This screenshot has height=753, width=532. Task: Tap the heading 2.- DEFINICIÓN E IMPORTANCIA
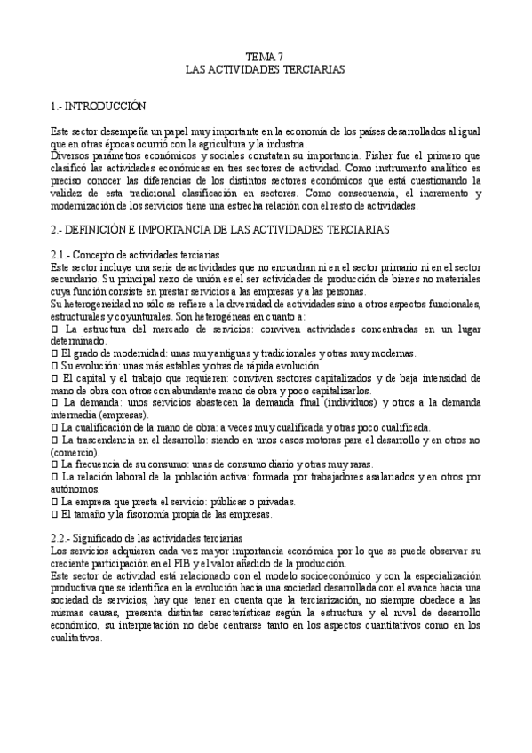click(220, 230)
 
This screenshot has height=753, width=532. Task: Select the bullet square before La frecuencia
click(55, 464)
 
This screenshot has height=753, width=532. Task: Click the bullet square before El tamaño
click(55, 514)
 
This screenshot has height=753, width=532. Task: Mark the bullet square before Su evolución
click(55, 365)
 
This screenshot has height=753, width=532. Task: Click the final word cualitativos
click(78, 638)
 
